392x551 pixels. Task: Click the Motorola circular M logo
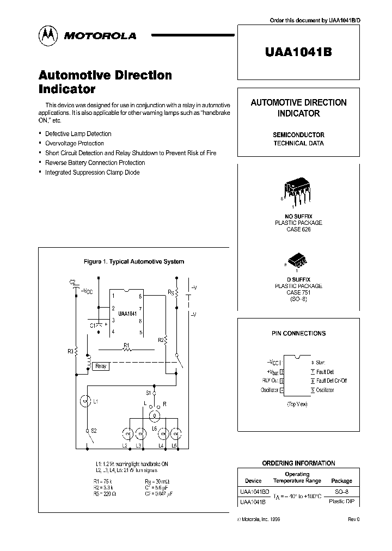[48, 35]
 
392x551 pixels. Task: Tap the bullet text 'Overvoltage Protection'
[75, 143]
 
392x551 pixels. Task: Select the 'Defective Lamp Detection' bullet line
[78, 133]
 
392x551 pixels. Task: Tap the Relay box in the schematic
[101, 366]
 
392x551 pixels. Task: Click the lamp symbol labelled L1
[85, 402]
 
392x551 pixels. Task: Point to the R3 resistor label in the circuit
[71, 351]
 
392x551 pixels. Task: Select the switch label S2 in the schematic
[93, 431]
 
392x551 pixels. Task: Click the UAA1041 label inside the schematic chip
[127, 314]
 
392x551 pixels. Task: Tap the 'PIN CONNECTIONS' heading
[298, 333]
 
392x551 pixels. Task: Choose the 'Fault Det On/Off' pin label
[332, 381]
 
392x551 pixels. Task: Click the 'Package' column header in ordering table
[341, 481]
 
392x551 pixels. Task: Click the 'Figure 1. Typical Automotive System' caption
[134, 261]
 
